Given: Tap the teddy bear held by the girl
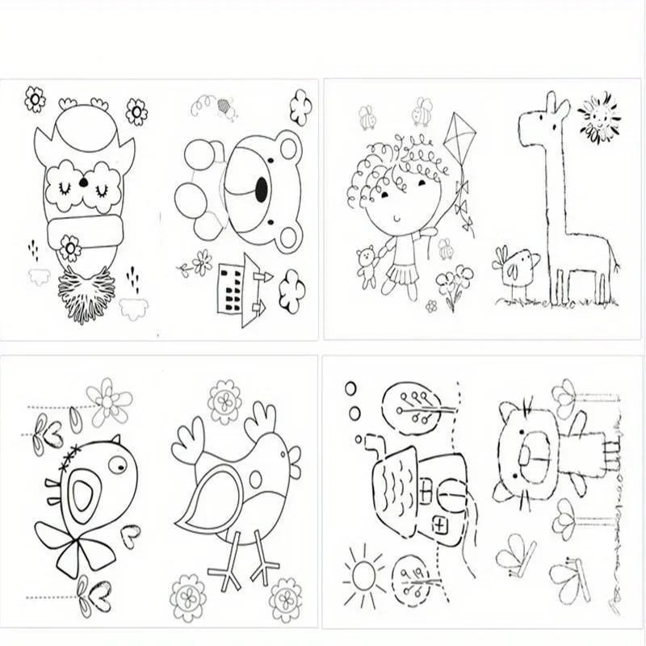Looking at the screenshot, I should [367, 265].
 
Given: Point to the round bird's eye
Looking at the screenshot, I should [117, 464].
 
